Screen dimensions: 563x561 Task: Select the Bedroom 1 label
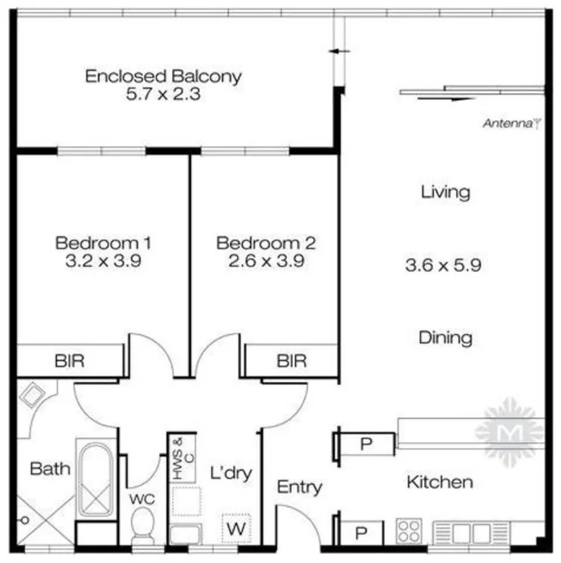pos(104,243)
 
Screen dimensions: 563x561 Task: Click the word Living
pos(445,192)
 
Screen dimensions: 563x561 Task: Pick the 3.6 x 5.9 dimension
pos(444,265)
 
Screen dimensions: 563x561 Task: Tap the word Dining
pos(445,337)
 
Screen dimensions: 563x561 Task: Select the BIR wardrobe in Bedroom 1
pos(70,361)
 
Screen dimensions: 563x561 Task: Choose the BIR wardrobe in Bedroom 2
pos(291,361)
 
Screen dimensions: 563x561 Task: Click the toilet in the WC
pos(142,524)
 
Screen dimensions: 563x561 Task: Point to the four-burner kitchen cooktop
pos(410,530)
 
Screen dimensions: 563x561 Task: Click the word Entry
pos(300,486)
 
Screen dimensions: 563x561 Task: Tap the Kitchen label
pos(440,482)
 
